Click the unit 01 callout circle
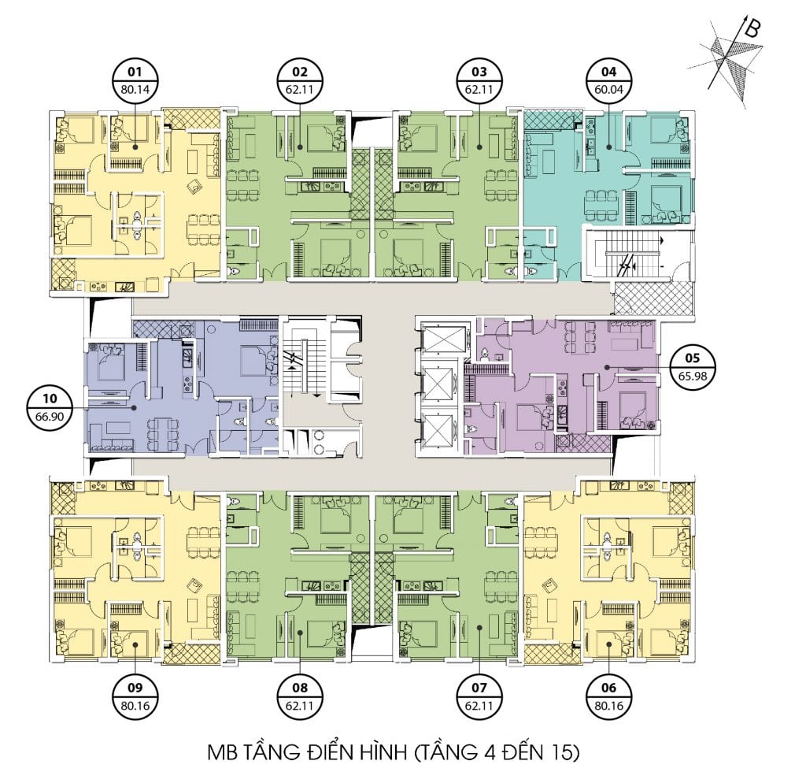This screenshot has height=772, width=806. pyautogui.click(x=135, y=81)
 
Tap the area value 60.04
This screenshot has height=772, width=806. pyautogui.click(x=608, y=90)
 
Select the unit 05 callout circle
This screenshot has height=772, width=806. pyautogui.click(x=692, y=367)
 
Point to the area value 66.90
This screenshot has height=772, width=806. pyautogui.click(x=50, y=417)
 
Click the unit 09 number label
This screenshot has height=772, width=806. pyautogui.click(x=135, y=688)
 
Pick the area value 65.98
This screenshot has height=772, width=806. pyautogui.click(x=692, y=376)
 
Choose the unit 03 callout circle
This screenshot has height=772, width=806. pyautogui.click(x=479, y=81)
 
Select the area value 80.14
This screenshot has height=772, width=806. pyautogui.click(x=135, y=90)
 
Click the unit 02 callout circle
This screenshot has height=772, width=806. pyautogui.click(x=300, y=81)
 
